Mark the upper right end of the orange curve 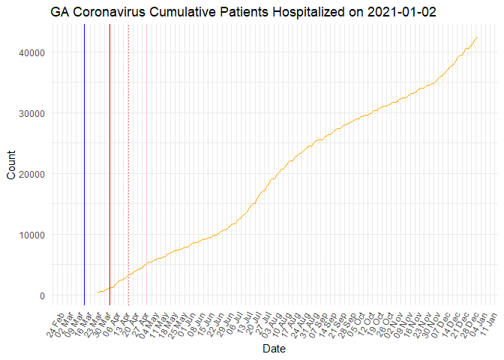pyautogui.click(x=478, y=37)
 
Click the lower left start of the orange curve pyautogui.click(x=97, y=292)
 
